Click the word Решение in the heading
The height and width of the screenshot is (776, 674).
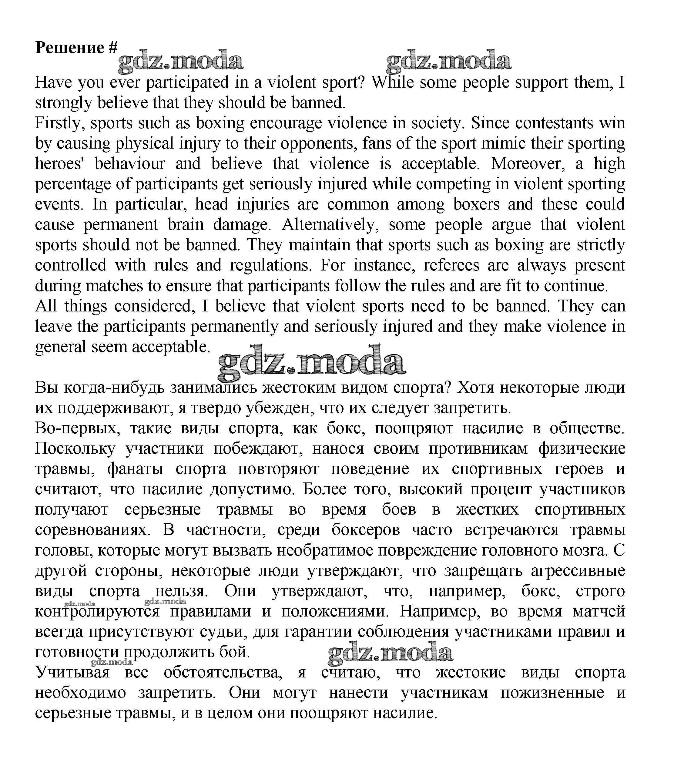[69, 48]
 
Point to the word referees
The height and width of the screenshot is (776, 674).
[451, 266]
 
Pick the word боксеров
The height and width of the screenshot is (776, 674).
[366, 530]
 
